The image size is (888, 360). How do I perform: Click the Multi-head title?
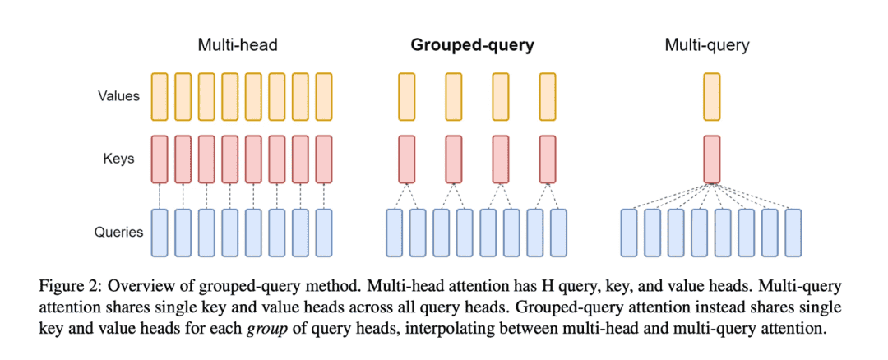238,45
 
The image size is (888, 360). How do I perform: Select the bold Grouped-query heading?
473,45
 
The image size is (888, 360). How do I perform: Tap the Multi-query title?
707,45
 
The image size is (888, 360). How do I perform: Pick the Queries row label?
118,233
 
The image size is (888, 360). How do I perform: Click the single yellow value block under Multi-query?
712,96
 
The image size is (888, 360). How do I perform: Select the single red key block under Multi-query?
712,159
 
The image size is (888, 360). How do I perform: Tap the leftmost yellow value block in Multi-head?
160,96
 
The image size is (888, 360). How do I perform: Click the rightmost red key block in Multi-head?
324,159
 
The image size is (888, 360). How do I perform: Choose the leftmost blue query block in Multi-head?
160,233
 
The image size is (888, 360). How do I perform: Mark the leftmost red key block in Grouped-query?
407,159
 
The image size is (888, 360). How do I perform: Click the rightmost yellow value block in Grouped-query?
548,96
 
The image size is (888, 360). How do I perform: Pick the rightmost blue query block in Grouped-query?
559,233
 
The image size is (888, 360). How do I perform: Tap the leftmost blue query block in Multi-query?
629,233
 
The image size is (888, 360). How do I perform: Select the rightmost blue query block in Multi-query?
793,233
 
